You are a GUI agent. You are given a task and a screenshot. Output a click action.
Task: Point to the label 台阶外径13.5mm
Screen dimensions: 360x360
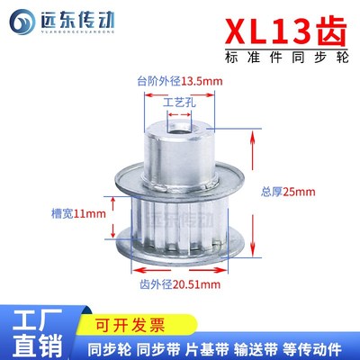(179, 80)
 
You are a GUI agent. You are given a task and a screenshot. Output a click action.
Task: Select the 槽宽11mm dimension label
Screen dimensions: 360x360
(76, 213)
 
